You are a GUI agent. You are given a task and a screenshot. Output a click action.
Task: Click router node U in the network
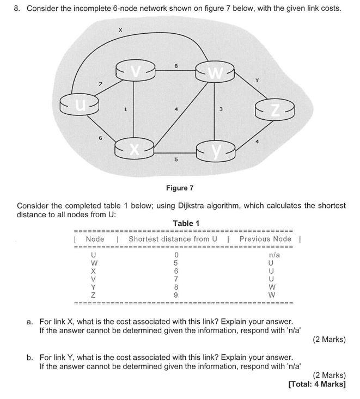coord(80,102)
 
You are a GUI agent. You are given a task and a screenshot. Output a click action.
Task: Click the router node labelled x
coord(133,148)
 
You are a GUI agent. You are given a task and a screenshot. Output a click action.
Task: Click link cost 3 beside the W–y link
coord(221,109)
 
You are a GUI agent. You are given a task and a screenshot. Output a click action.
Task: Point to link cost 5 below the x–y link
coord(175,160)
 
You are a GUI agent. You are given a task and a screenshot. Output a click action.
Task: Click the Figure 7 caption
coord(180,188)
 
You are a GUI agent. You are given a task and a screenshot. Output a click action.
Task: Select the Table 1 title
coord(186,223)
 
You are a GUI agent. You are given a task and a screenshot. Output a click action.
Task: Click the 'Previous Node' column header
coord(265,239)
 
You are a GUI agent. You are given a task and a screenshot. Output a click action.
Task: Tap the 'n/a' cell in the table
coord(274,255)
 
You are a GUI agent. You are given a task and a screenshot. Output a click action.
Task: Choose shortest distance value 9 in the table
coord(176,296)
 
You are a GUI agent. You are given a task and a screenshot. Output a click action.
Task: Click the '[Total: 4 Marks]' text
coord(316,384)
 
